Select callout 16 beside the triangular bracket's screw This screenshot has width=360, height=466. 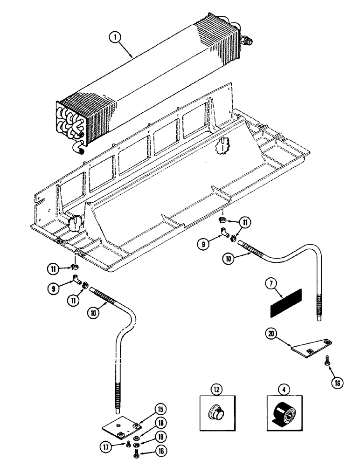point(337,383)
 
